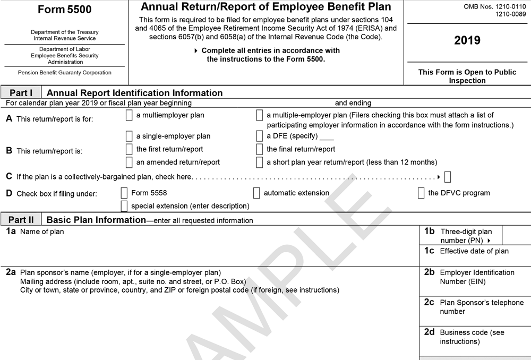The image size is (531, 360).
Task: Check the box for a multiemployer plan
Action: coord(129,115)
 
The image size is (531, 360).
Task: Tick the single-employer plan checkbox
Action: coord(129,136)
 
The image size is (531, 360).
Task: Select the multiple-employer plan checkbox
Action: coord(259,115)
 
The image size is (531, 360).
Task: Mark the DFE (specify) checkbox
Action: coord(259,136)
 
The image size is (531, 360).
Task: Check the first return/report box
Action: coord(129,149)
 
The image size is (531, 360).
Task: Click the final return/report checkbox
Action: coord(259,149)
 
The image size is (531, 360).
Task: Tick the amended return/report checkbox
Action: coord(129,162)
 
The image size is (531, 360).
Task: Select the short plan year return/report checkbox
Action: coord(259,162)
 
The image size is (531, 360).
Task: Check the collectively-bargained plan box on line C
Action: coord(448,177)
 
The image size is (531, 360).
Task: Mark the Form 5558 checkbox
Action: coord(124,193)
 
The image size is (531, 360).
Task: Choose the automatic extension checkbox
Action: coord(256,193)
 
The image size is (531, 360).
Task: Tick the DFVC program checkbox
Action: coord(421,193)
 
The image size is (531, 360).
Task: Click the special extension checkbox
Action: coord(124,205)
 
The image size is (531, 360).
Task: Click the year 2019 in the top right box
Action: coord(467,41)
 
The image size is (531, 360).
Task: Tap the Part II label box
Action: coord(21,219)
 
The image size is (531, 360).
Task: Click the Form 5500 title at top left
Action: coord(65,10)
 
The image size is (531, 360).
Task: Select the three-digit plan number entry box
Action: coord(516,235)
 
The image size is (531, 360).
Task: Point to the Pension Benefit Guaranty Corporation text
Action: coord(65,73)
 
